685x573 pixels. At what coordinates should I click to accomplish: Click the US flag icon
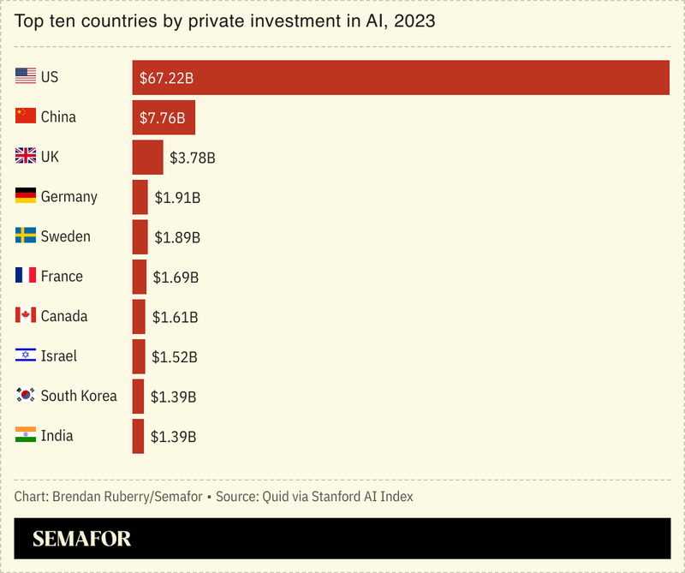click(26, 76)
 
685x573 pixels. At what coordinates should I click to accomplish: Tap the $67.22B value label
click(167, 78)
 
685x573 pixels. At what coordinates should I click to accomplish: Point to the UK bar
click(147, 158)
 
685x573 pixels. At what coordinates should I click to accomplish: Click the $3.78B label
click(192, 158)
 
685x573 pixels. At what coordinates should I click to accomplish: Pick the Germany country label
click(68, 197)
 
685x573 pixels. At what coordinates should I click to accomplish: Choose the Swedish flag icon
click(26, 236)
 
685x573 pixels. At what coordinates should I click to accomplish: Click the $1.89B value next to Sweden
click(177, 237)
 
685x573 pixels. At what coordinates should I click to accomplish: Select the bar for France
click(139, 277)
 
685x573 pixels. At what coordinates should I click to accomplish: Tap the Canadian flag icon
click(26, 315)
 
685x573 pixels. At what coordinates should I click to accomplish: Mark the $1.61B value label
click(176, 317)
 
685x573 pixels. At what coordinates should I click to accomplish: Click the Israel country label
click(59, 355)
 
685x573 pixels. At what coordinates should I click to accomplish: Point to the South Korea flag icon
click(26, 395)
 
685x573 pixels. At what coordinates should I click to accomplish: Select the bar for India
click(138, 436)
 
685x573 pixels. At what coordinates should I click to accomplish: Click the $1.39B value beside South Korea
click(174, 397)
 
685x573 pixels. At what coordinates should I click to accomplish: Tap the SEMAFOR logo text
click(81, 539)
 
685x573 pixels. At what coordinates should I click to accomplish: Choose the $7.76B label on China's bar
click(163, 117)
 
